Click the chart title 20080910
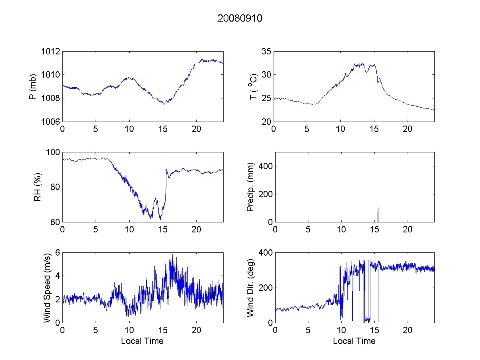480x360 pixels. [x=240, y=18]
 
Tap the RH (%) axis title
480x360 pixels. [x=37, y=187]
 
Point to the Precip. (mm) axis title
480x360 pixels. [x=250, y=187]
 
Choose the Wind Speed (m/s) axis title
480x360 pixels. [x=47, y=288]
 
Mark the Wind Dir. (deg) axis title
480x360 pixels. [x=250, y=288]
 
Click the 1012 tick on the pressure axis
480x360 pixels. [x=51, y=51]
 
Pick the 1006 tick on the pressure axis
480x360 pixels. [x=51, y=122]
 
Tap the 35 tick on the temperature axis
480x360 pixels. [x=266, y=51]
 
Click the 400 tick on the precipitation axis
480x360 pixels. [x=265, y=166]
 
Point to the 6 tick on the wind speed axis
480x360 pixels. [x=58, y=253]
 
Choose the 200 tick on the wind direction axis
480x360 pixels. [x=265, y=288]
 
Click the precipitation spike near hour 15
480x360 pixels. [x=378, y=214]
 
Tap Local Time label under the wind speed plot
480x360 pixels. [x=142, y=341]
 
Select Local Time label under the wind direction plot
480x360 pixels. [x=354, y=341]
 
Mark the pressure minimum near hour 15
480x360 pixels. [x=164, y=103]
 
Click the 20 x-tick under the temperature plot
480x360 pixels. [x=408, y=130]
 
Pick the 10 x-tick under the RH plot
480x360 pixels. [x=129, y=230]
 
